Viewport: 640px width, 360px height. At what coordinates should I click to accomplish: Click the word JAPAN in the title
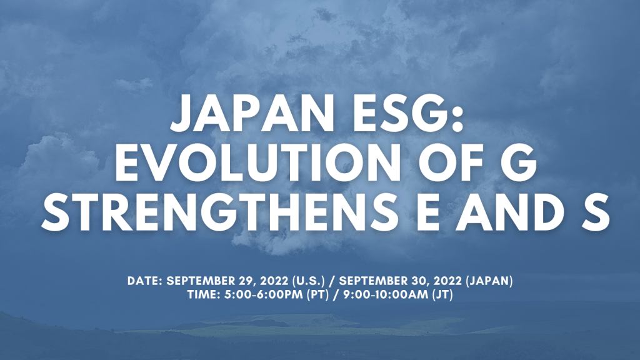tap(252, 113)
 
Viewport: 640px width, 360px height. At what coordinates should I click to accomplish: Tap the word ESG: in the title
tap(408, 113)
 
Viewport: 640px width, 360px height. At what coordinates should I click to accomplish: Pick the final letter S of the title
tap(596, 212)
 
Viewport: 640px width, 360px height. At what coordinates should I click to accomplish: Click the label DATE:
tap(145, 281)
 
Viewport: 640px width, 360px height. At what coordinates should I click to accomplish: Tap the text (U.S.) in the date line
tap(309, 281)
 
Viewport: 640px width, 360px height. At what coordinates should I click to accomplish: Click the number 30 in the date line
tap(422, 281)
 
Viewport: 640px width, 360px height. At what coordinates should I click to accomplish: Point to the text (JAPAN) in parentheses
tap(489, 281)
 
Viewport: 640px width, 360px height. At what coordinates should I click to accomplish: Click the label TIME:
tap(204, 295)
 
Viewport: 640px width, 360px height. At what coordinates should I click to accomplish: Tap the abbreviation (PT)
tap(317, 295)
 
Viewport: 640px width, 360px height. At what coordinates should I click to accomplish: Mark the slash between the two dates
tap(332, 281)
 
